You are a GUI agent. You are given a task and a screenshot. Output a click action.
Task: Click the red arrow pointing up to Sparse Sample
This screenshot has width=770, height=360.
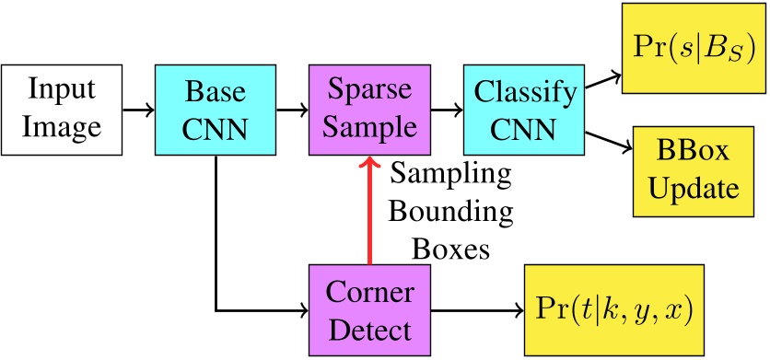[x=368, y=212]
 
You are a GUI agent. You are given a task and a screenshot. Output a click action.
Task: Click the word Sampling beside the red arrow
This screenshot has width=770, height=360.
[x=450, y=172]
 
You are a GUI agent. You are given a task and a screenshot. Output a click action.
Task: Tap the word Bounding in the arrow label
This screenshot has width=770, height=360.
[x=450, y=212]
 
